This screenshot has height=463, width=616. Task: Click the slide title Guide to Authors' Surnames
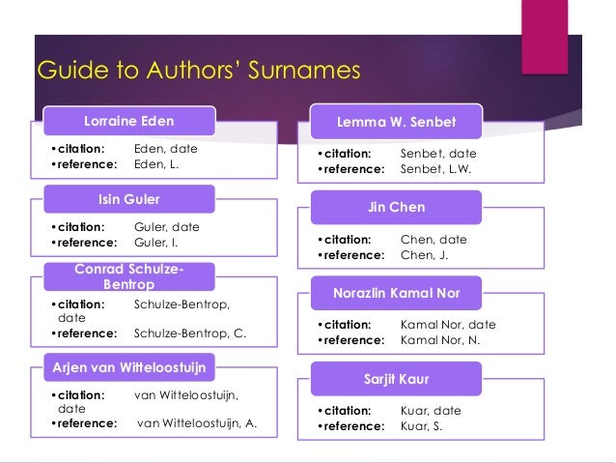tap(197, 72)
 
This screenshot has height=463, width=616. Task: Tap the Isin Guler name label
tap(129, 200)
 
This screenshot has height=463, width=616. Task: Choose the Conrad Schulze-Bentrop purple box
tap(129, 276)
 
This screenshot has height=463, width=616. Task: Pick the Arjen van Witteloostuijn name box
tap(129, 366)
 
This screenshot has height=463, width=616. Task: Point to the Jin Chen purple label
tap(396, 207)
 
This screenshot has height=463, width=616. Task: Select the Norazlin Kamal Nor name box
tap(396, 293)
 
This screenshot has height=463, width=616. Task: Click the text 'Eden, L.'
tap(156, 165)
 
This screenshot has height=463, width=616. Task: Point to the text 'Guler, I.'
tap(157, 243)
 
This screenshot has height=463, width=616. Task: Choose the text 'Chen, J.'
tap(424, 255)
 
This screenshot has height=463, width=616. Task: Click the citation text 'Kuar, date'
tap(430, 411)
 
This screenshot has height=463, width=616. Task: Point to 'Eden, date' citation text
tap(164, 150)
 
